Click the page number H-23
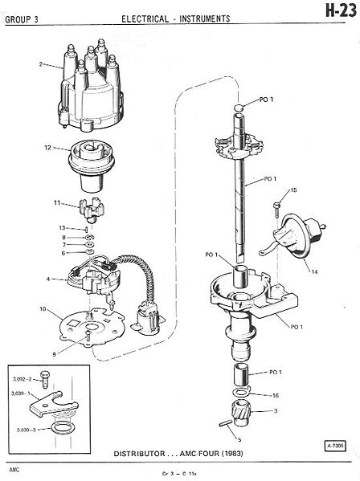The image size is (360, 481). point(341,12)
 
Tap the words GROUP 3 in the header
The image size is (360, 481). point(22,20)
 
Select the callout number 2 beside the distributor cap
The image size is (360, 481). point(41,64)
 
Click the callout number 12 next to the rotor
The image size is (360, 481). point(48,148)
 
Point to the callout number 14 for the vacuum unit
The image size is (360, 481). point(314,271)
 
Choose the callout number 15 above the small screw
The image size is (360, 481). point(293,190)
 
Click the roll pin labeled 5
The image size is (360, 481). point(226,423)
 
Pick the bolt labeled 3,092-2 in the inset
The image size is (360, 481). point(45,380)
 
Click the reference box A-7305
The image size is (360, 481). point(334,446)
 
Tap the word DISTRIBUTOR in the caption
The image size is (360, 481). point(139,454)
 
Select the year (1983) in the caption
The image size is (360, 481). point(231,454)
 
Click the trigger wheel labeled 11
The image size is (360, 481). point(92,210)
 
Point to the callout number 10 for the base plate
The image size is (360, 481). point(43,309)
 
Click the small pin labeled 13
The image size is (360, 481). point(87,230)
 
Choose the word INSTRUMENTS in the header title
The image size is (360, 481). point(205,19)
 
